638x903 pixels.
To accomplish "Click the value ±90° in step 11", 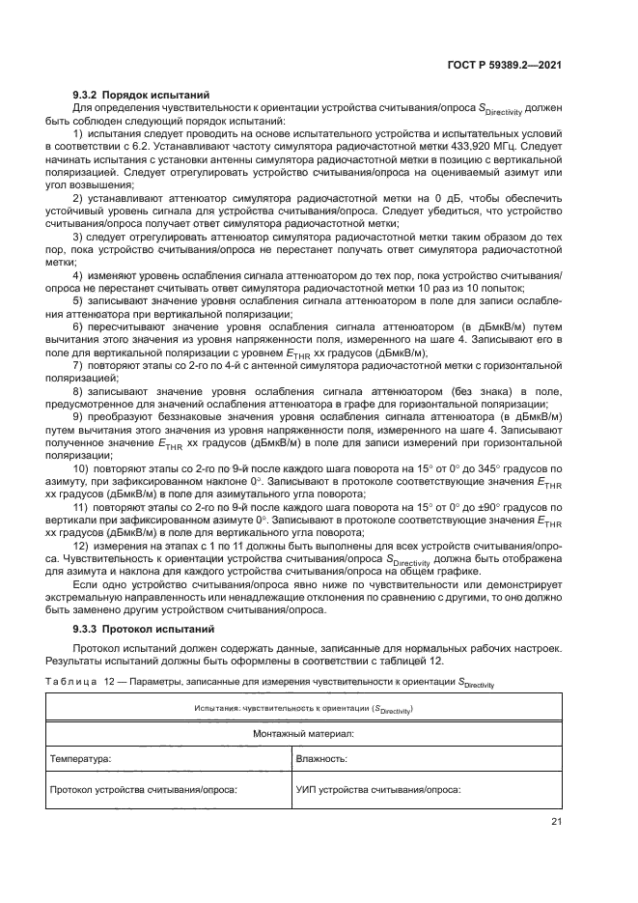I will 486,507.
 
